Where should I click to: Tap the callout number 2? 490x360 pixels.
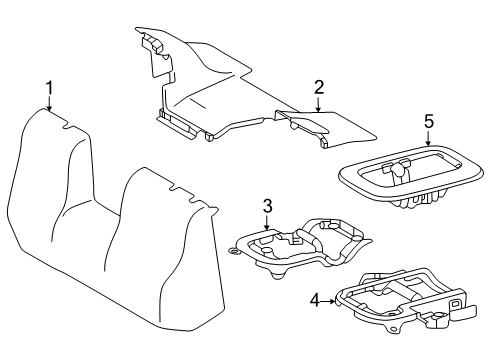(x=317, y=87)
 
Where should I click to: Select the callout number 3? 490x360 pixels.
(x=267, y=207)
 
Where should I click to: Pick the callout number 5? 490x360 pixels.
(x=428, y=121)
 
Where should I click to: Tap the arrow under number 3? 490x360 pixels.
(x=267, y=223)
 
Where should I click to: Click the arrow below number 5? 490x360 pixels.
(x=428, y=141)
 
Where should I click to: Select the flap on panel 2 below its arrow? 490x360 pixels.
(x=305, y=125)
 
